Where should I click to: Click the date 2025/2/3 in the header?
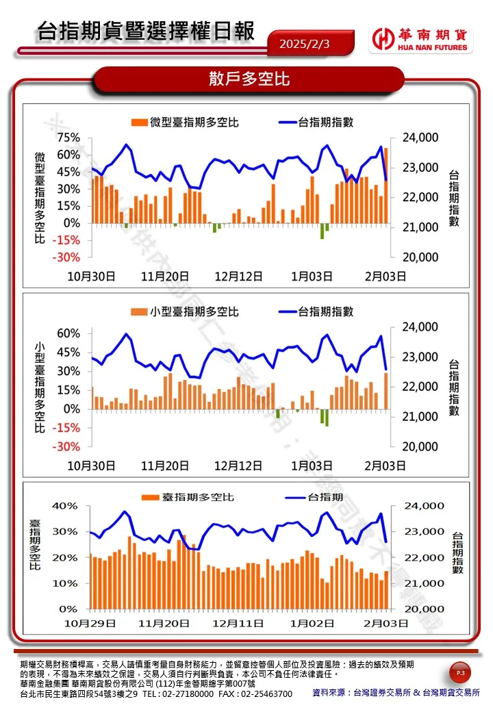[x=305, y=44]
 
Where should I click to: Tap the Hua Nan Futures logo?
[x=420, y=40]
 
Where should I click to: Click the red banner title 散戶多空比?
[x=249, y=79]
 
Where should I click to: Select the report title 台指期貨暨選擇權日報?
[x=146, y=31]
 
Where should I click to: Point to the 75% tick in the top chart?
[x=68, y=138]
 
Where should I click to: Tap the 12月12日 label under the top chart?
[x=238, y=277]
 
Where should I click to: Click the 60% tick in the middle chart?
[x=68, y=333]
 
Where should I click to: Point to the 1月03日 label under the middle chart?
[x=312, y=466]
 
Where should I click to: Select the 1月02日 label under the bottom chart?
[x=312, y=624]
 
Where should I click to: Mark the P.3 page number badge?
[x=460, y=674]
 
